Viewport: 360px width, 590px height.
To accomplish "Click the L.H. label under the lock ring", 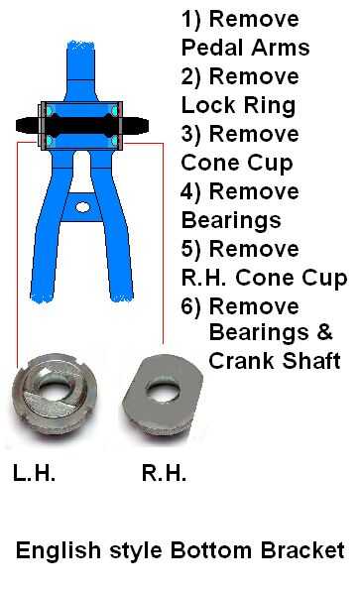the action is tap(35, 473).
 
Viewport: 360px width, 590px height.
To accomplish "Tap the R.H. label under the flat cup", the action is tap(164, 473).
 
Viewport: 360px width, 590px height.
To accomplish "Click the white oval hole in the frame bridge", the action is tap(82, 207).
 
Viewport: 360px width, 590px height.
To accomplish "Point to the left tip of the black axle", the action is tap(16, 125).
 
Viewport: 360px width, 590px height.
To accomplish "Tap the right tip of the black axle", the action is tap(149, 125).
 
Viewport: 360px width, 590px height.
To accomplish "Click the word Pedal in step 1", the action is tap(212, 48).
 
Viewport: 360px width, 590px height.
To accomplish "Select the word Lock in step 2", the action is tap(208, 105).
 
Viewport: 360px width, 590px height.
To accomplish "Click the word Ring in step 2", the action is tap(270, 106).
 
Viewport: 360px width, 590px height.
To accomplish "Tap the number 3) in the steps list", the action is tap(191, 135).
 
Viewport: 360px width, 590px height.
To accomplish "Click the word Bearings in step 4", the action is tap(231, 220).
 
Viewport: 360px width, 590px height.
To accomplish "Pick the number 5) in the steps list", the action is tap(191, 250).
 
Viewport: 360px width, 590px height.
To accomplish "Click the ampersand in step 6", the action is tap(324, 332).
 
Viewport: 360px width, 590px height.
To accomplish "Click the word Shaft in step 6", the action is tap(311, 361).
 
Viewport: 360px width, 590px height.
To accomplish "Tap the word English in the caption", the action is tap(59, 551).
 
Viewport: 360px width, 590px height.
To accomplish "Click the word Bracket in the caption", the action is tap(302, 550).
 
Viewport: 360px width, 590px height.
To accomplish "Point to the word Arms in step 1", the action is tap(281, 48).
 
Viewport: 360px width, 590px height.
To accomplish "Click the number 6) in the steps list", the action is tap(191, 307).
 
